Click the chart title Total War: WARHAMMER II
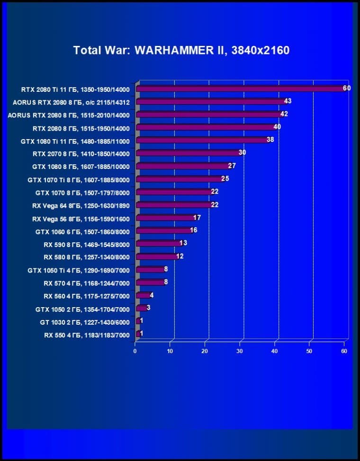click(x=181, y=50)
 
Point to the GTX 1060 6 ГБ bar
click(x=163, y=231)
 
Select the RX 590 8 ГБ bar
click(x=158, y=244)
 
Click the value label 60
click(x=347, y=88)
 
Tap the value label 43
click(x=288, y=101)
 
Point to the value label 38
click(x=270, y=140)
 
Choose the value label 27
click(x=232, y=166)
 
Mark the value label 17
click(x=197, y=218)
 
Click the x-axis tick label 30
click(x=240, y=351)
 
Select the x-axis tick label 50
click(x=309, y=351)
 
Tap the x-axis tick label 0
click(x=135, y=351)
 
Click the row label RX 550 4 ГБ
click(x=87, y=335)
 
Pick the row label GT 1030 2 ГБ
click(x=85, y=322)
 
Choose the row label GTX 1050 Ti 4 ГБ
click(x=79, y=270)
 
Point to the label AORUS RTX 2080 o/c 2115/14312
click(x=72, y=102)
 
